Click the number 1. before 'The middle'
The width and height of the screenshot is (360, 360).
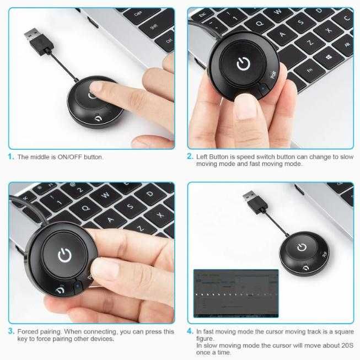point(11,157)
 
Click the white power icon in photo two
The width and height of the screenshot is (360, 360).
point(243,65)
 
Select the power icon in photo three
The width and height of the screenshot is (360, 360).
point(65,255)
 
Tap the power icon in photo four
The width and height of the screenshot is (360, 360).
point(302,246)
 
